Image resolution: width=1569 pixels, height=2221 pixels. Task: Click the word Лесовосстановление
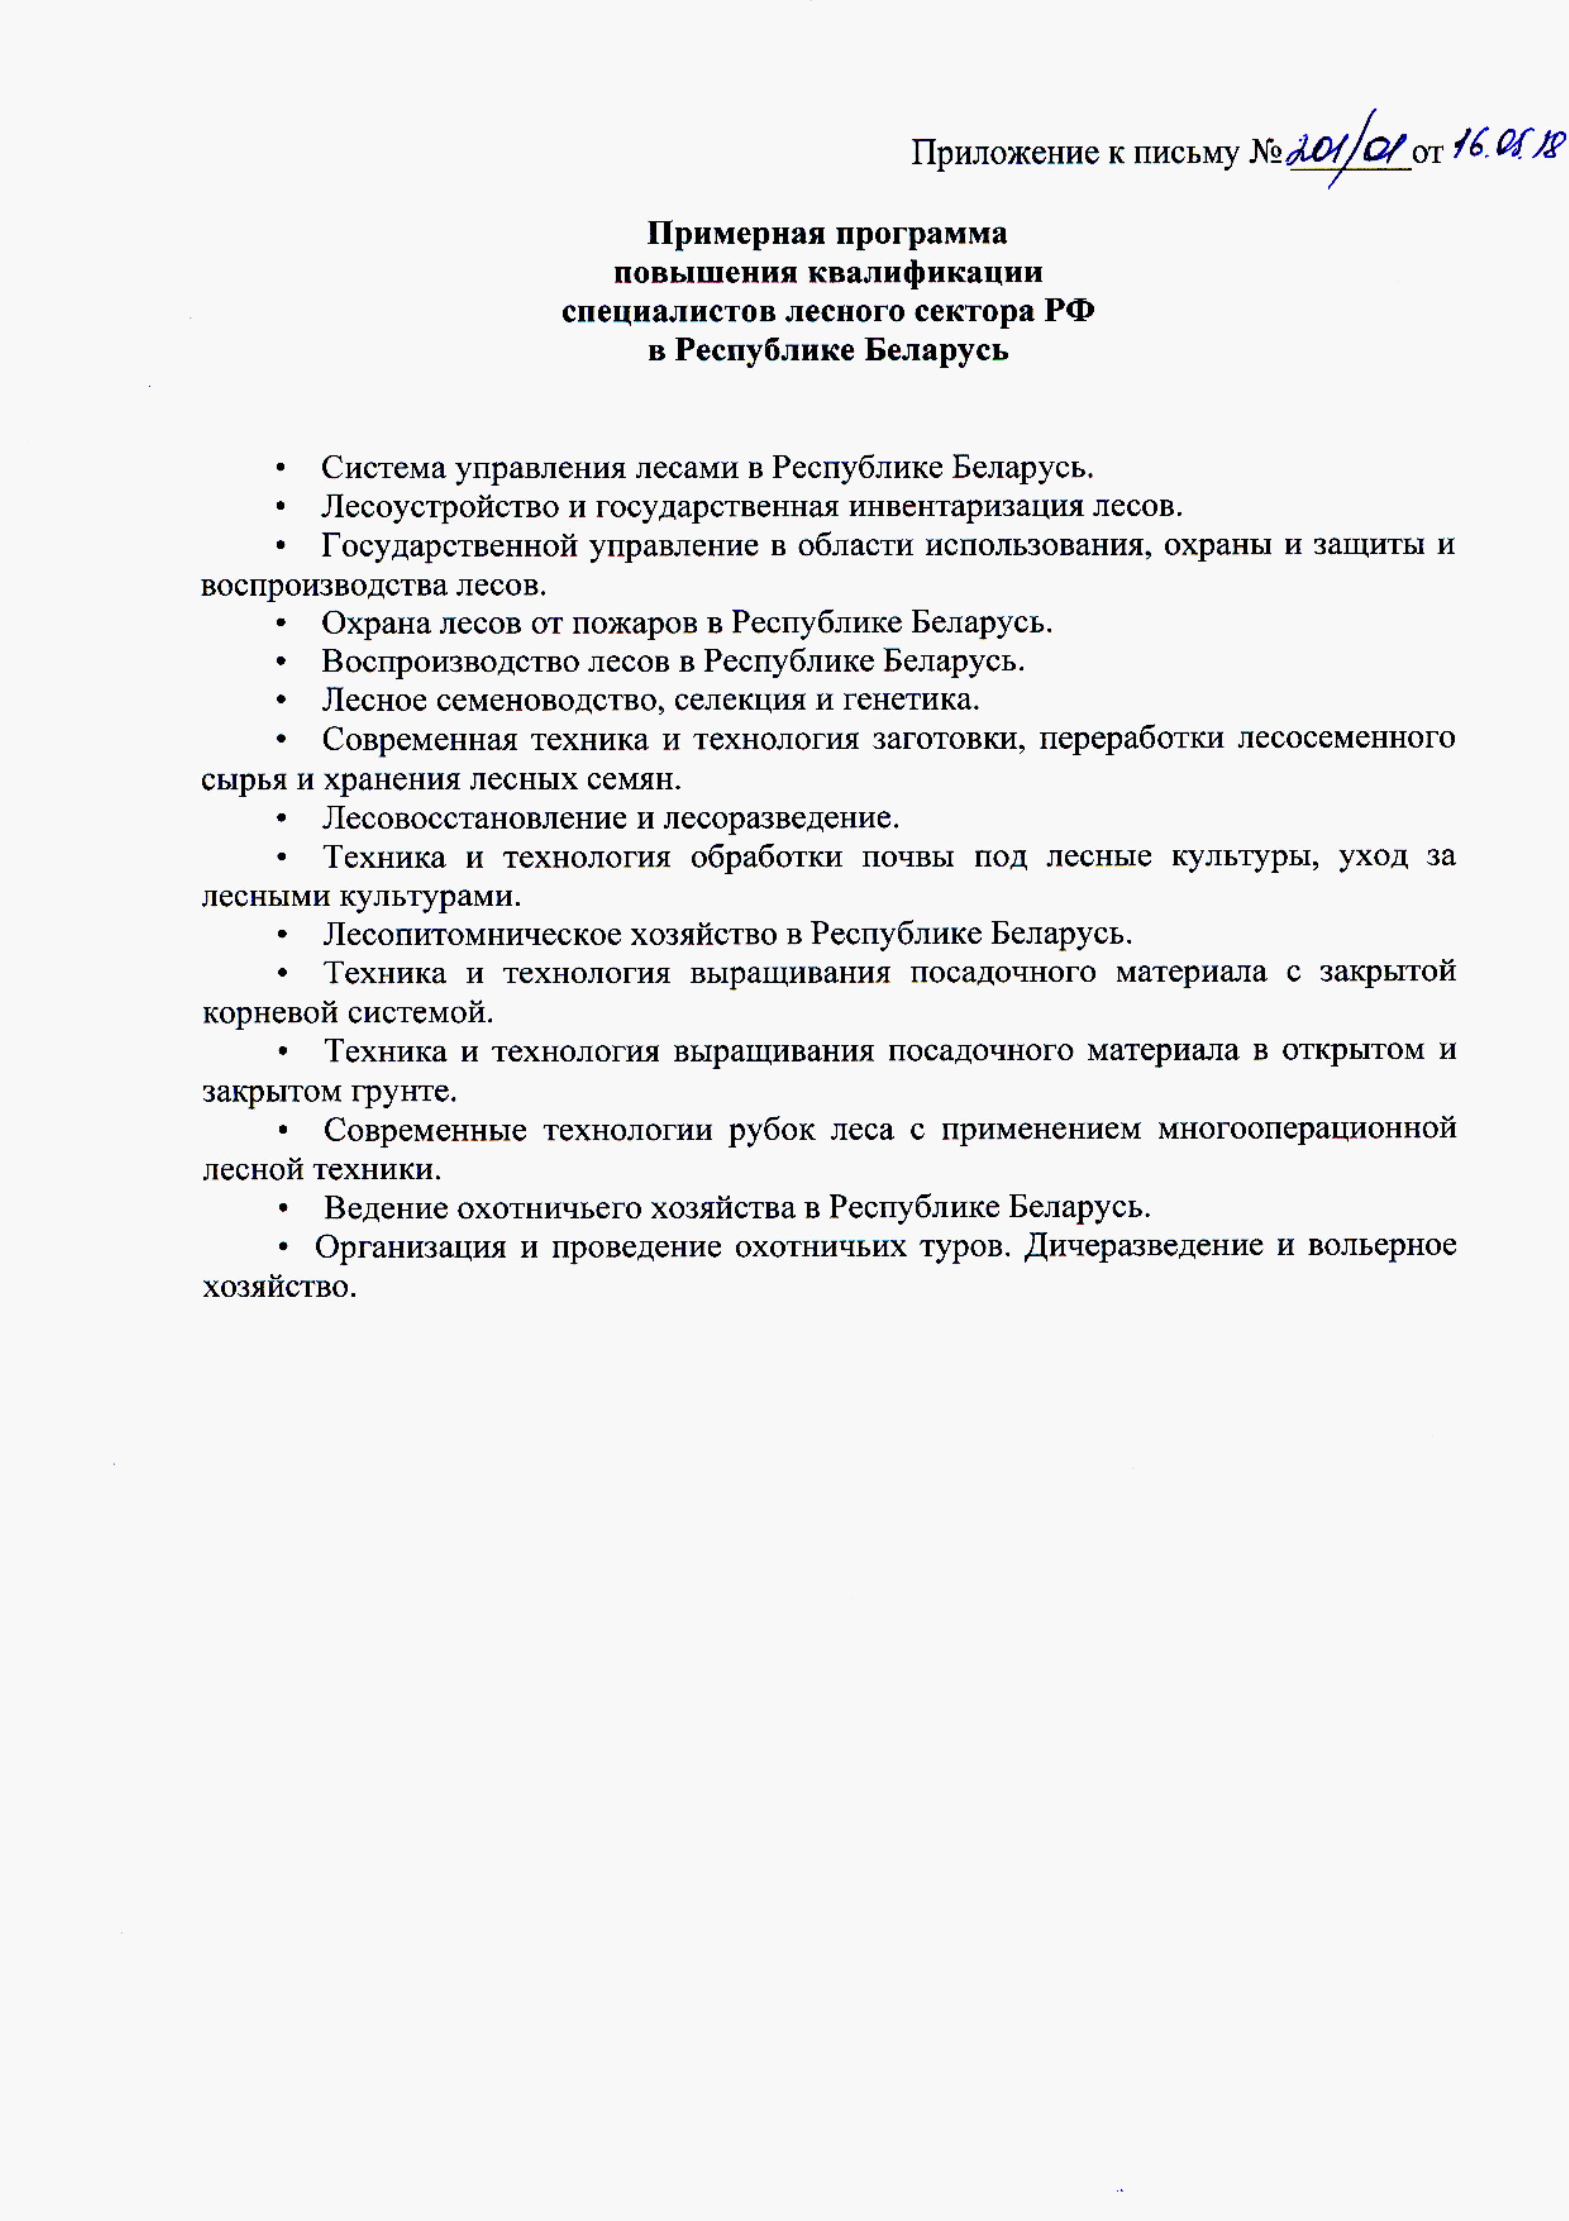point(473,818)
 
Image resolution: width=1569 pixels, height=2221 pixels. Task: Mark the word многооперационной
point(1306,1129)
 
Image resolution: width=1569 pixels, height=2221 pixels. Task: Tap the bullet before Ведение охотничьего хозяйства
point(282,1208)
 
